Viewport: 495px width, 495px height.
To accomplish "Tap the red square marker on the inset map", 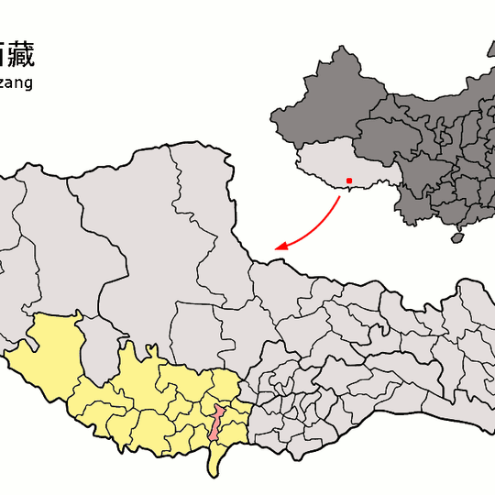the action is pos(349,180).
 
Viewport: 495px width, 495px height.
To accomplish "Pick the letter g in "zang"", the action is pos(28,85).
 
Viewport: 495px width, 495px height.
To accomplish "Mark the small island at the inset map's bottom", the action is pos(456,238).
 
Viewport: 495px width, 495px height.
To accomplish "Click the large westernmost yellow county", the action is pos(53,353).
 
